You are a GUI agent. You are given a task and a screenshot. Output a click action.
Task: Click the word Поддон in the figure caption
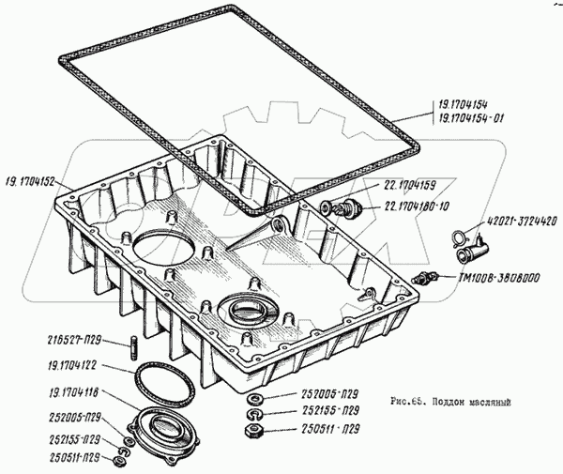pyautogui.click(x=456, y=400)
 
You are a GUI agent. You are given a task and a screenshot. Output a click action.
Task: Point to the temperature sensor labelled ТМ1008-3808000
pyautogui.click(x=430, y=278)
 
